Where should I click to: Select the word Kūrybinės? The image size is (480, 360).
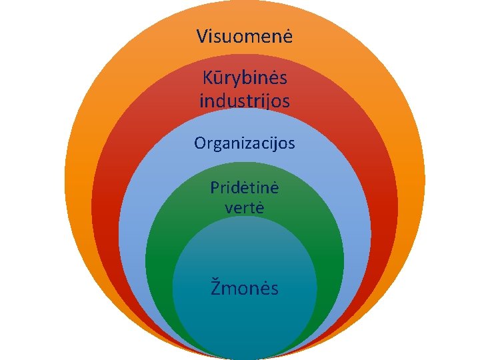pos(245,79)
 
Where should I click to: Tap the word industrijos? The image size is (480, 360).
pos(245,101)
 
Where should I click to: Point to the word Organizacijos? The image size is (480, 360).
pos(244,143)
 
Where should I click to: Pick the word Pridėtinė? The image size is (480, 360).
pos(245,187)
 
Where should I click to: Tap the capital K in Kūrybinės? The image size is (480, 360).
pos(207,79)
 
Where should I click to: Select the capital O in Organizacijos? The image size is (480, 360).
pos(199,143)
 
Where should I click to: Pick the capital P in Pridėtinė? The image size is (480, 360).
pos(215,187)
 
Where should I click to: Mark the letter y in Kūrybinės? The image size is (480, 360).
pos(231,81)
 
